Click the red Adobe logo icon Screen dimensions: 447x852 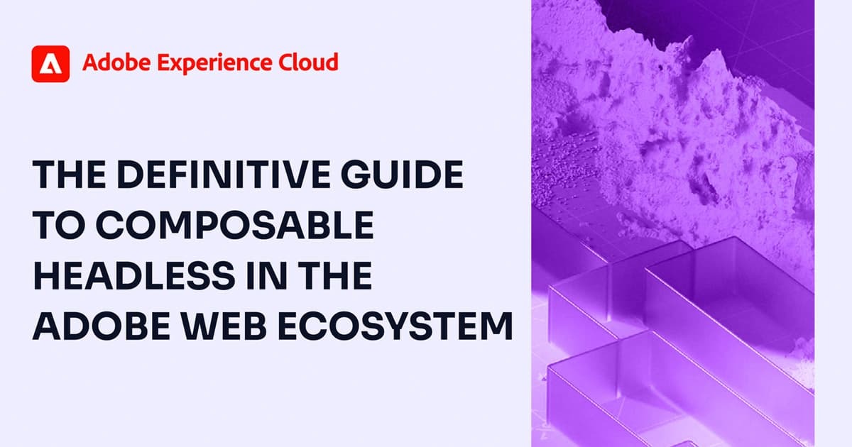[x=50, y=64]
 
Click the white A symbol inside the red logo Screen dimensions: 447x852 [x=50, y=65]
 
